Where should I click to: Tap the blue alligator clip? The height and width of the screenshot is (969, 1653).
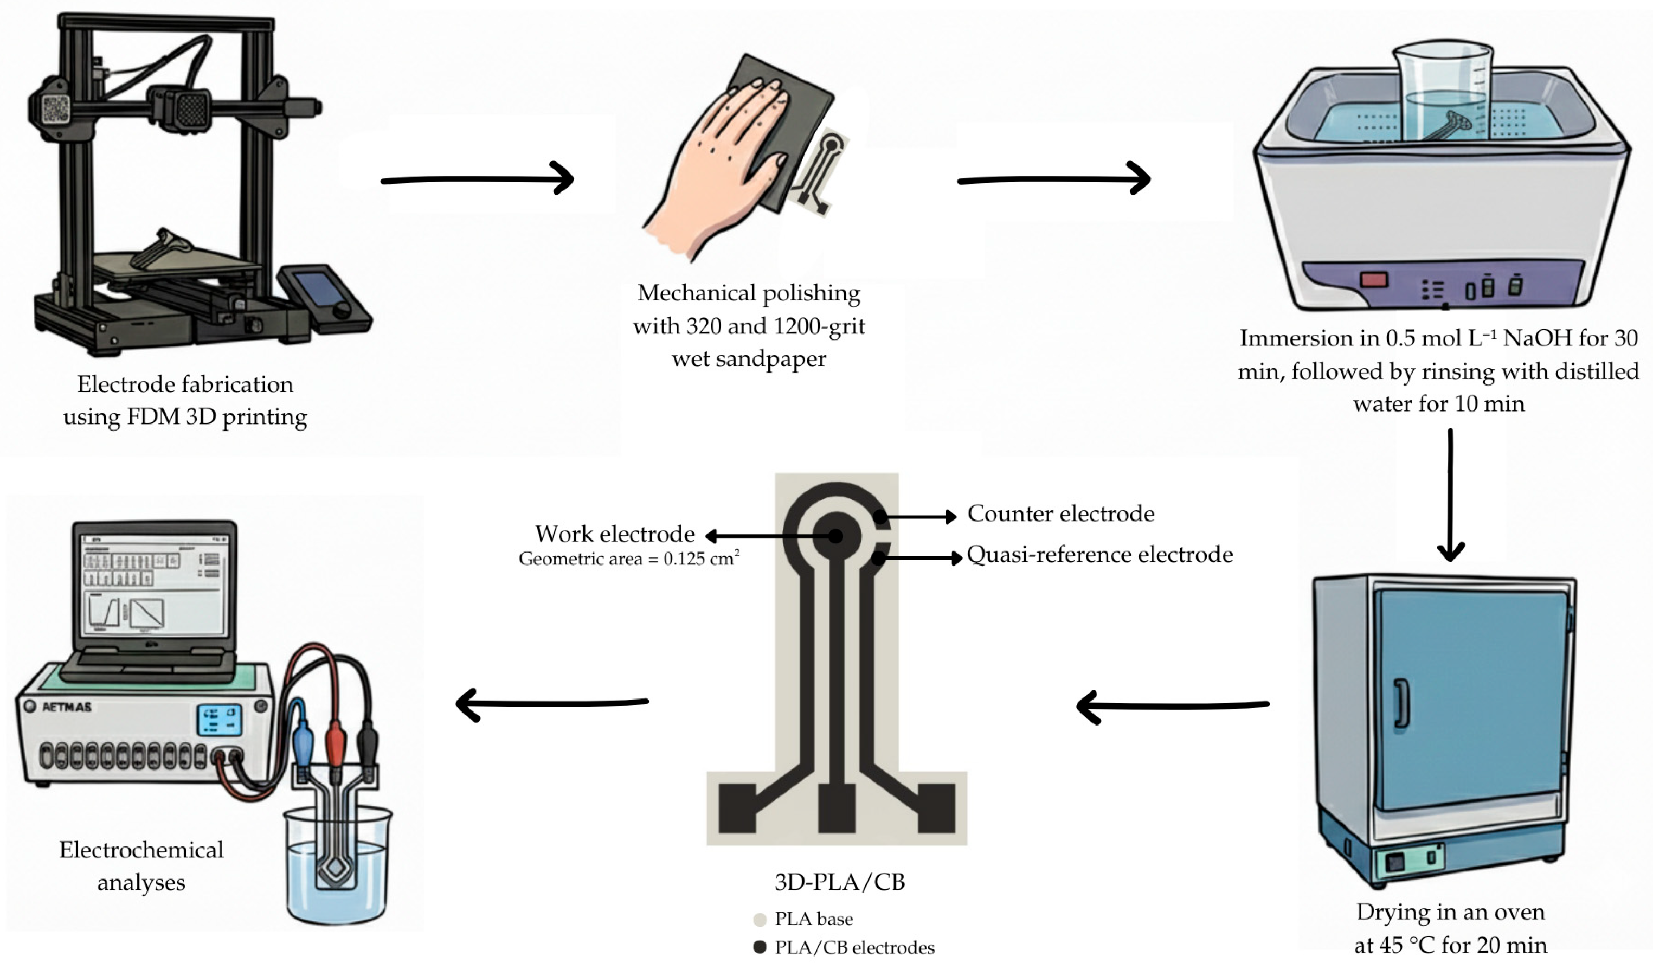[x=303, y=735]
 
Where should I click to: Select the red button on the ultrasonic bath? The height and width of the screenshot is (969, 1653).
[x=1374, y=280]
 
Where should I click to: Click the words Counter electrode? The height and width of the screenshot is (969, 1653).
[x=1060, y=514]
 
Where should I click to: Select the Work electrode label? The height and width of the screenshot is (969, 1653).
[x=615, y=534]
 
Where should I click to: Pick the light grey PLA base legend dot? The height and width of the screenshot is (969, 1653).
[x=760, y=919]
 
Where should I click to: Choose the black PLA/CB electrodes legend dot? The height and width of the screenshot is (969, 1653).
[x=760, y=947]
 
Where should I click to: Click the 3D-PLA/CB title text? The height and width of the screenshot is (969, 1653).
[x=840, y=882]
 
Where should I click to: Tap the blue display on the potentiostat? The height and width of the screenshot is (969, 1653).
[x=220, y=720]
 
